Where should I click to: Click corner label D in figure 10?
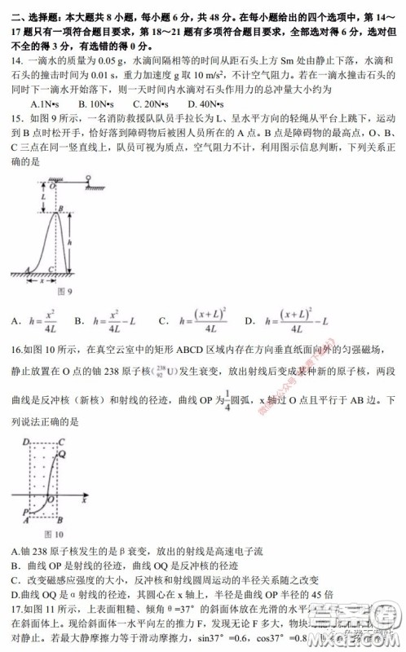(25, 441)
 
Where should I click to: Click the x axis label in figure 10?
(84, 500)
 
